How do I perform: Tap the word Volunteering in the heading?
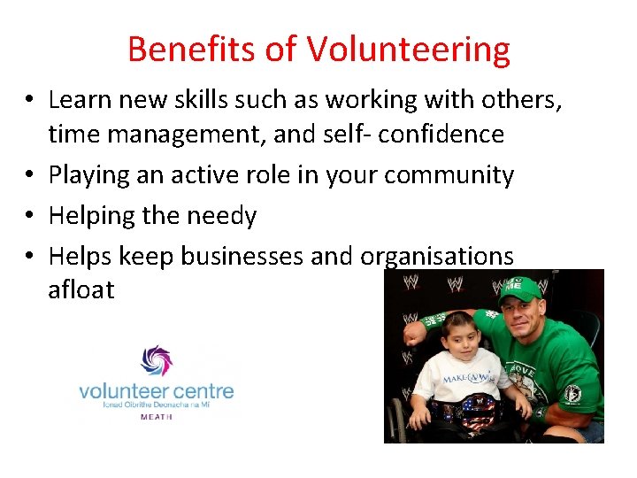[409, 50]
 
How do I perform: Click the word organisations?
[437, 257]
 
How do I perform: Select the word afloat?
[81, 289]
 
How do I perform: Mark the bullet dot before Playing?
[31, 176]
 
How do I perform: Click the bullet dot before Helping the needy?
[31, 217]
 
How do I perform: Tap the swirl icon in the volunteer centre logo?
[156, 361]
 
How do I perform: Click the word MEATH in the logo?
[157, 416]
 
